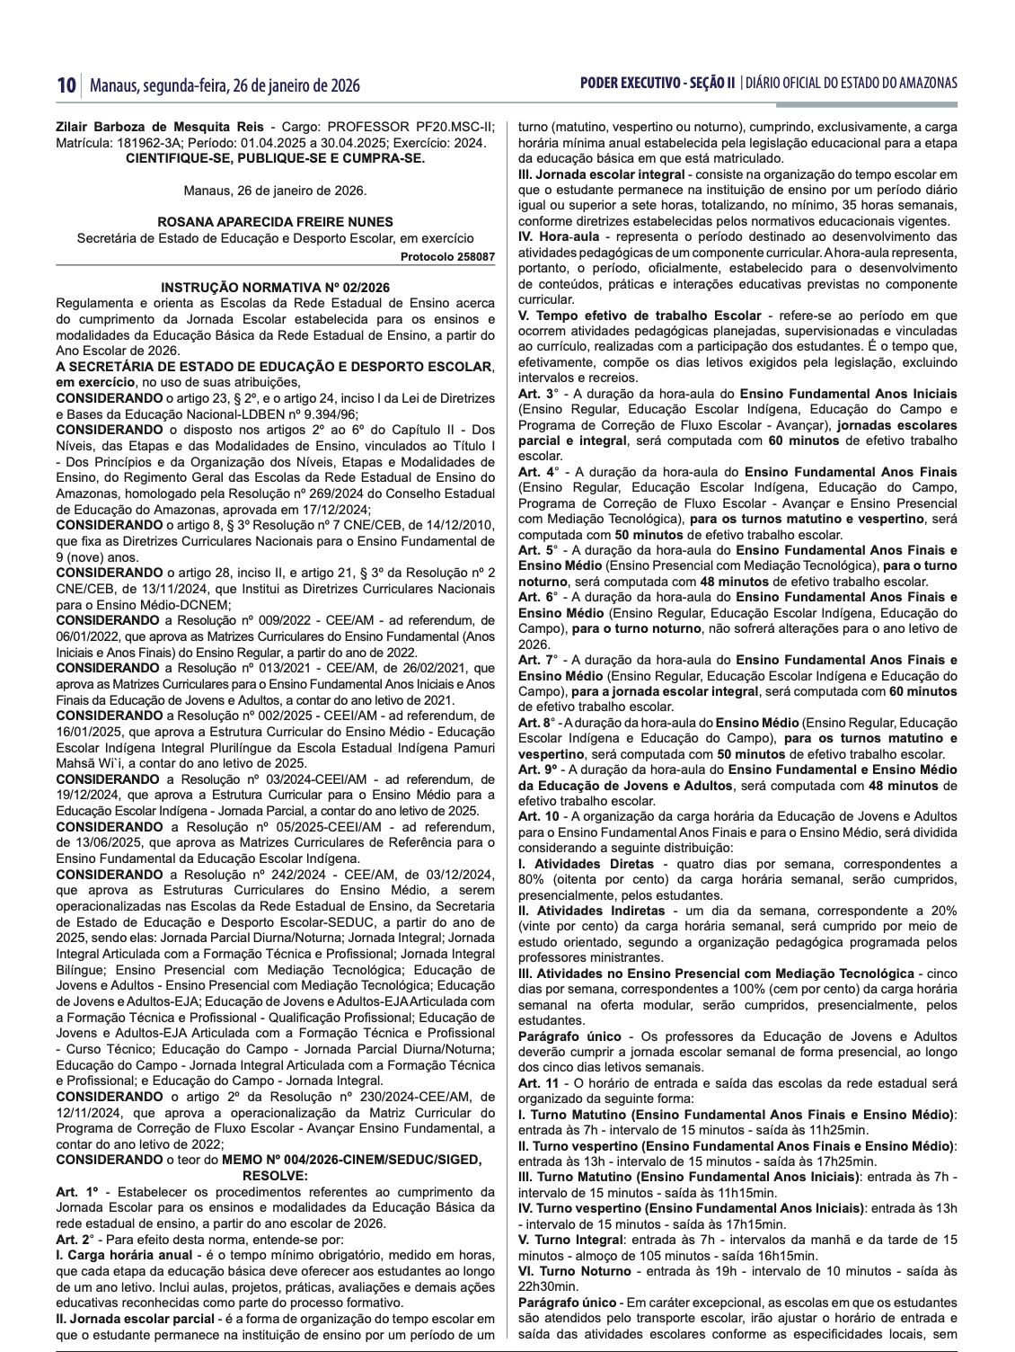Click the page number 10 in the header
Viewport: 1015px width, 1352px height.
point(65,85)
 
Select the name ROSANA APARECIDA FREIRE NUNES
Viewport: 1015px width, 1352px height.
point(275,222)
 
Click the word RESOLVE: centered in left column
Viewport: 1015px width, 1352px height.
point(275,1174)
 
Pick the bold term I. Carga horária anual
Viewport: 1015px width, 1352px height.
point(123,1254)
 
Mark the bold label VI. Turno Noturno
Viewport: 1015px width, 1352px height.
point(575,1270)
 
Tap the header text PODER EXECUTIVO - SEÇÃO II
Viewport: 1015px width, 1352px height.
point(658,84)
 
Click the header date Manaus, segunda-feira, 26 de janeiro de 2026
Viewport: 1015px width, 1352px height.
point(225,85)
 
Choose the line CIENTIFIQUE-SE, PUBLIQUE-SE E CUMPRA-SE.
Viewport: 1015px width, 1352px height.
point(275,158)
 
